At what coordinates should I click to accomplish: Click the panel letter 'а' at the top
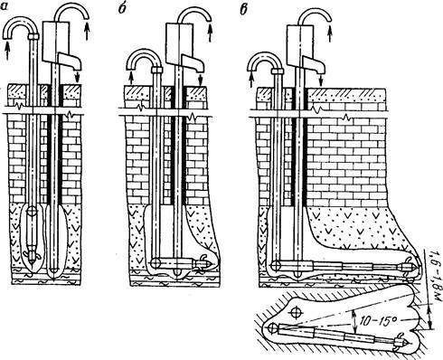[x=5, y=7]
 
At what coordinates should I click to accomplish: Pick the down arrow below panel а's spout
[x=78, y=77]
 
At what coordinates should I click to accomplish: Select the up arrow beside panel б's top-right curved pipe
[x=210, y=33]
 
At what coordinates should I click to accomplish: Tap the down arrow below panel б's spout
[x=200, y=80]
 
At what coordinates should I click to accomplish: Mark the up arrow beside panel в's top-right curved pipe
[x=331, y=33]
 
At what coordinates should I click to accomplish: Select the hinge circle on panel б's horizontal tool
[x=157, y=263]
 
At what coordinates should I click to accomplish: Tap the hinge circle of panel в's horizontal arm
[x=276, y=266]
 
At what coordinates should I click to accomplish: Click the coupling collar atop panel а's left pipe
[x=34, y=37]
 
